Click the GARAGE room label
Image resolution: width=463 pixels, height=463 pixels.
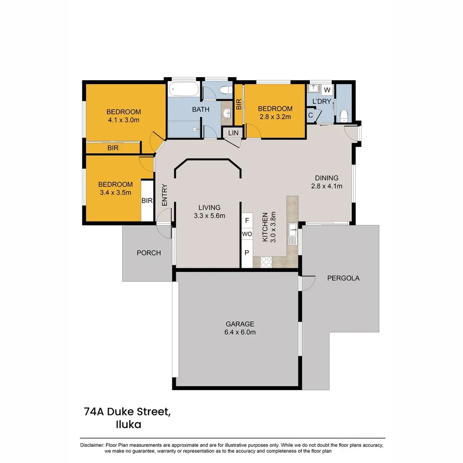point(240,324)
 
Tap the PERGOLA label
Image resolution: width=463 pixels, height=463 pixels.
point(343,278)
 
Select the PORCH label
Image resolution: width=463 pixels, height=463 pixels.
point(149,253)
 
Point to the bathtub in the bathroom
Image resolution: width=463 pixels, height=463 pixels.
point(183,89)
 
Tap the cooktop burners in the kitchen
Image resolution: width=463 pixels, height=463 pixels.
point(266,262)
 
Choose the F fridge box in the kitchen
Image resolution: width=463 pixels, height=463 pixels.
point(247,221)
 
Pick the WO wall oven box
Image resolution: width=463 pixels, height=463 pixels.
point(247,234)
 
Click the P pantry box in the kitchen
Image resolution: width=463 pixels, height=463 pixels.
point(247,253)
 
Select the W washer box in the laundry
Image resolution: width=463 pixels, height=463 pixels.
point(327,90)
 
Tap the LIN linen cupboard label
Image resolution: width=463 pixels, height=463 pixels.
point(233,133)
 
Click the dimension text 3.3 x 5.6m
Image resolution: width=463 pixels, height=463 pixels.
point(209,216)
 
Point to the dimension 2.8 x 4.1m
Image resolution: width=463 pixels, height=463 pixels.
point(327,186)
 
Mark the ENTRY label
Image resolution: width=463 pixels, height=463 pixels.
point(165,195)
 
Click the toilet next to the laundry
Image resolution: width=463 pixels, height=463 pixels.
point(344,115)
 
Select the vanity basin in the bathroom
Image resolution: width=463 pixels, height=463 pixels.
point(227,112)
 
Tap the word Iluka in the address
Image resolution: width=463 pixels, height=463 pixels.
point(129,424)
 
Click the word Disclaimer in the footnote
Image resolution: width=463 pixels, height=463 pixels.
point(92,445)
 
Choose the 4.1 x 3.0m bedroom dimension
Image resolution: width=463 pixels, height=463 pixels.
point(123,120)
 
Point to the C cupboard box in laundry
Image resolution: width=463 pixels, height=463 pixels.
point(310,115)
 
